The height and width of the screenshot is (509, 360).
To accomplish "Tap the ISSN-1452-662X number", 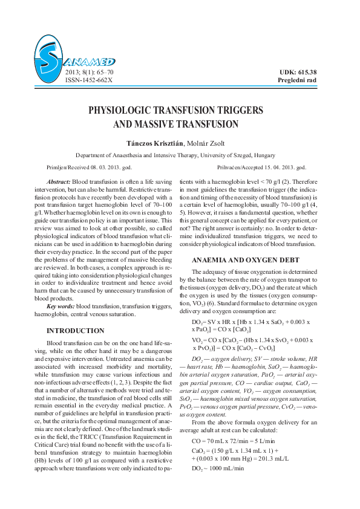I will (x=88, y=80).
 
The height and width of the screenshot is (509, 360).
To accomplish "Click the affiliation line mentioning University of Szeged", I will (x=180, y=155).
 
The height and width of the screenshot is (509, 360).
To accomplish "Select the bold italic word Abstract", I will (x=59, y=182).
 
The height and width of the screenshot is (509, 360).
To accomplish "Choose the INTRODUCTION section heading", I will (x=75, y=331).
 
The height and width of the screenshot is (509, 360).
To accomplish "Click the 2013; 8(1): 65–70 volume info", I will (x=89, y=72).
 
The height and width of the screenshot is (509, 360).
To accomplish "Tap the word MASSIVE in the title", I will (x=156, y=125).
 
